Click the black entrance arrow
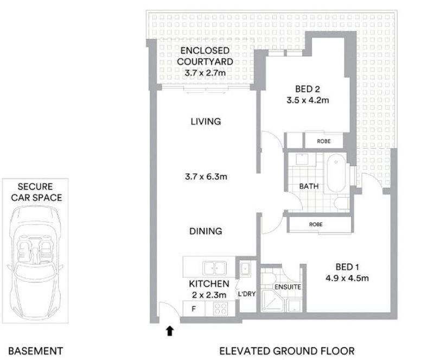170,331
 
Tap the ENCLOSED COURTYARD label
205,56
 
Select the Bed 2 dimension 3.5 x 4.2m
308,100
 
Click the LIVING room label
206,122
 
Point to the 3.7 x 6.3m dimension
206,176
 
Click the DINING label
206,231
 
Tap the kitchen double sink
214,268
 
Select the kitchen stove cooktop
220,308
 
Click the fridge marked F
194,308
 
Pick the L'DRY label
247,294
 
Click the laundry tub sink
245,268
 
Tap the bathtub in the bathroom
336,173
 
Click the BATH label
309,186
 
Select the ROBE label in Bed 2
323,141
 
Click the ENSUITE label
288,287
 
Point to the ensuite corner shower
273,300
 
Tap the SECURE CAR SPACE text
35,192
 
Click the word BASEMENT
35,351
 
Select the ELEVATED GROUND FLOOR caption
287,351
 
